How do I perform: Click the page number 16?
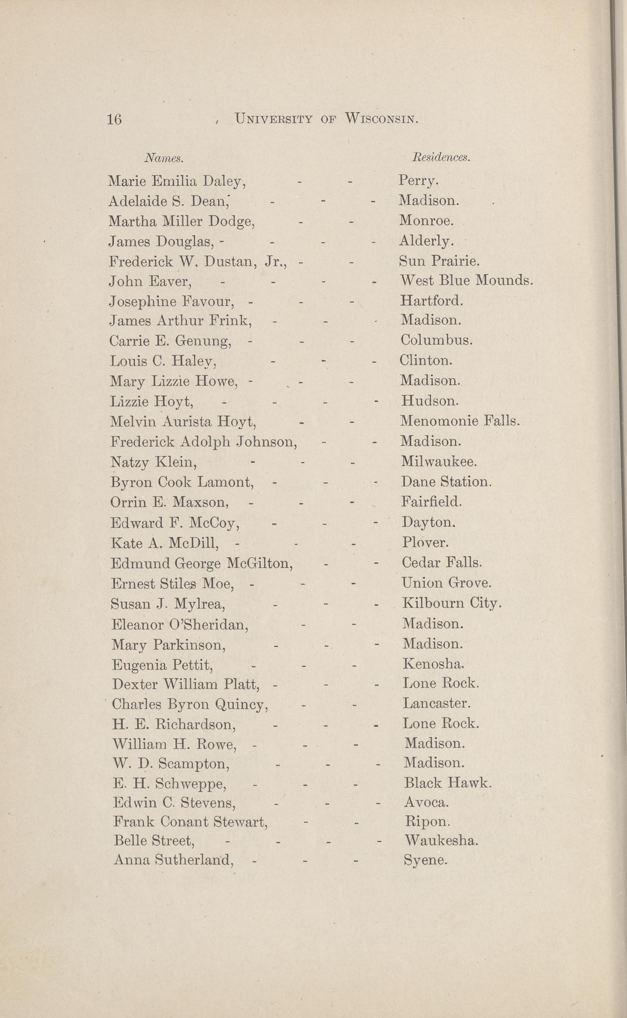pos(114,119)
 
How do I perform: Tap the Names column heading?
pos(163,158)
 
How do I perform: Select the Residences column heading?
pos(441,158)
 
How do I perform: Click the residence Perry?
pos(418,181)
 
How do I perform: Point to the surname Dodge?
pos(231,222)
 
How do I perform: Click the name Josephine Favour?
pos(171,301)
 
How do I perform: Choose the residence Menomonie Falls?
pos(460,422)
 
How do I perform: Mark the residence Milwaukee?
pos(439,462)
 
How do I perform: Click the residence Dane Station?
pos(446,482)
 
